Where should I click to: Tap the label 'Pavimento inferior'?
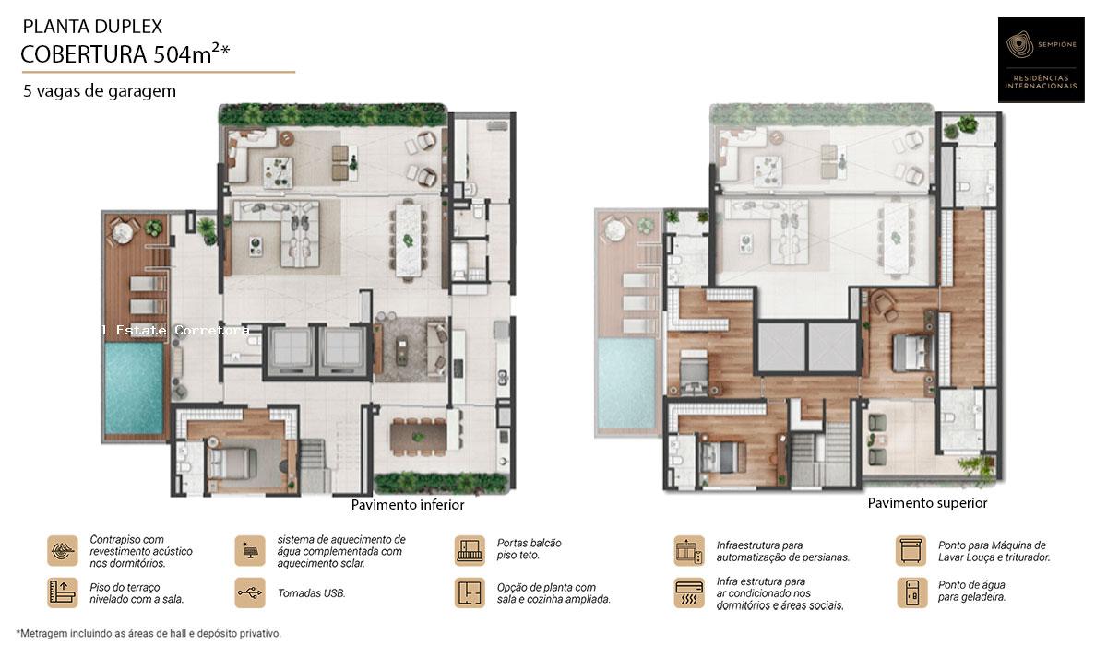click(408, 505)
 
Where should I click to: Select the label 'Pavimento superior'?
click(927, 503)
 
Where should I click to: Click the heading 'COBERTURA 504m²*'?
click(125, 54)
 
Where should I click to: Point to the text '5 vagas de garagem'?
click(100, 91)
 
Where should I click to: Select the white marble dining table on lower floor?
click(405, 240)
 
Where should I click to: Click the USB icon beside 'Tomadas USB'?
click(249, 592)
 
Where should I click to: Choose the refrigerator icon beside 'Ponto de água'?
click(911, 592)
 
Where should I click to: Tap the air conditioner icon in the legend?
click(689, 592)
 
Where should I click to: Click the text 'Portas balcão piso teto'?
click(529, 549)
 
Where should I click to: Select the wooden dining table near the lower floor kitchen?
click(419, 432)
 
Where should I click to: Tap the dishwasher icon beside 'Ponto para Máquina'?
click(911, 550)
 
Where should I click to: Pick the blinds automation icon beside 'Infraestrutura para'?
click(689, 550)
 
